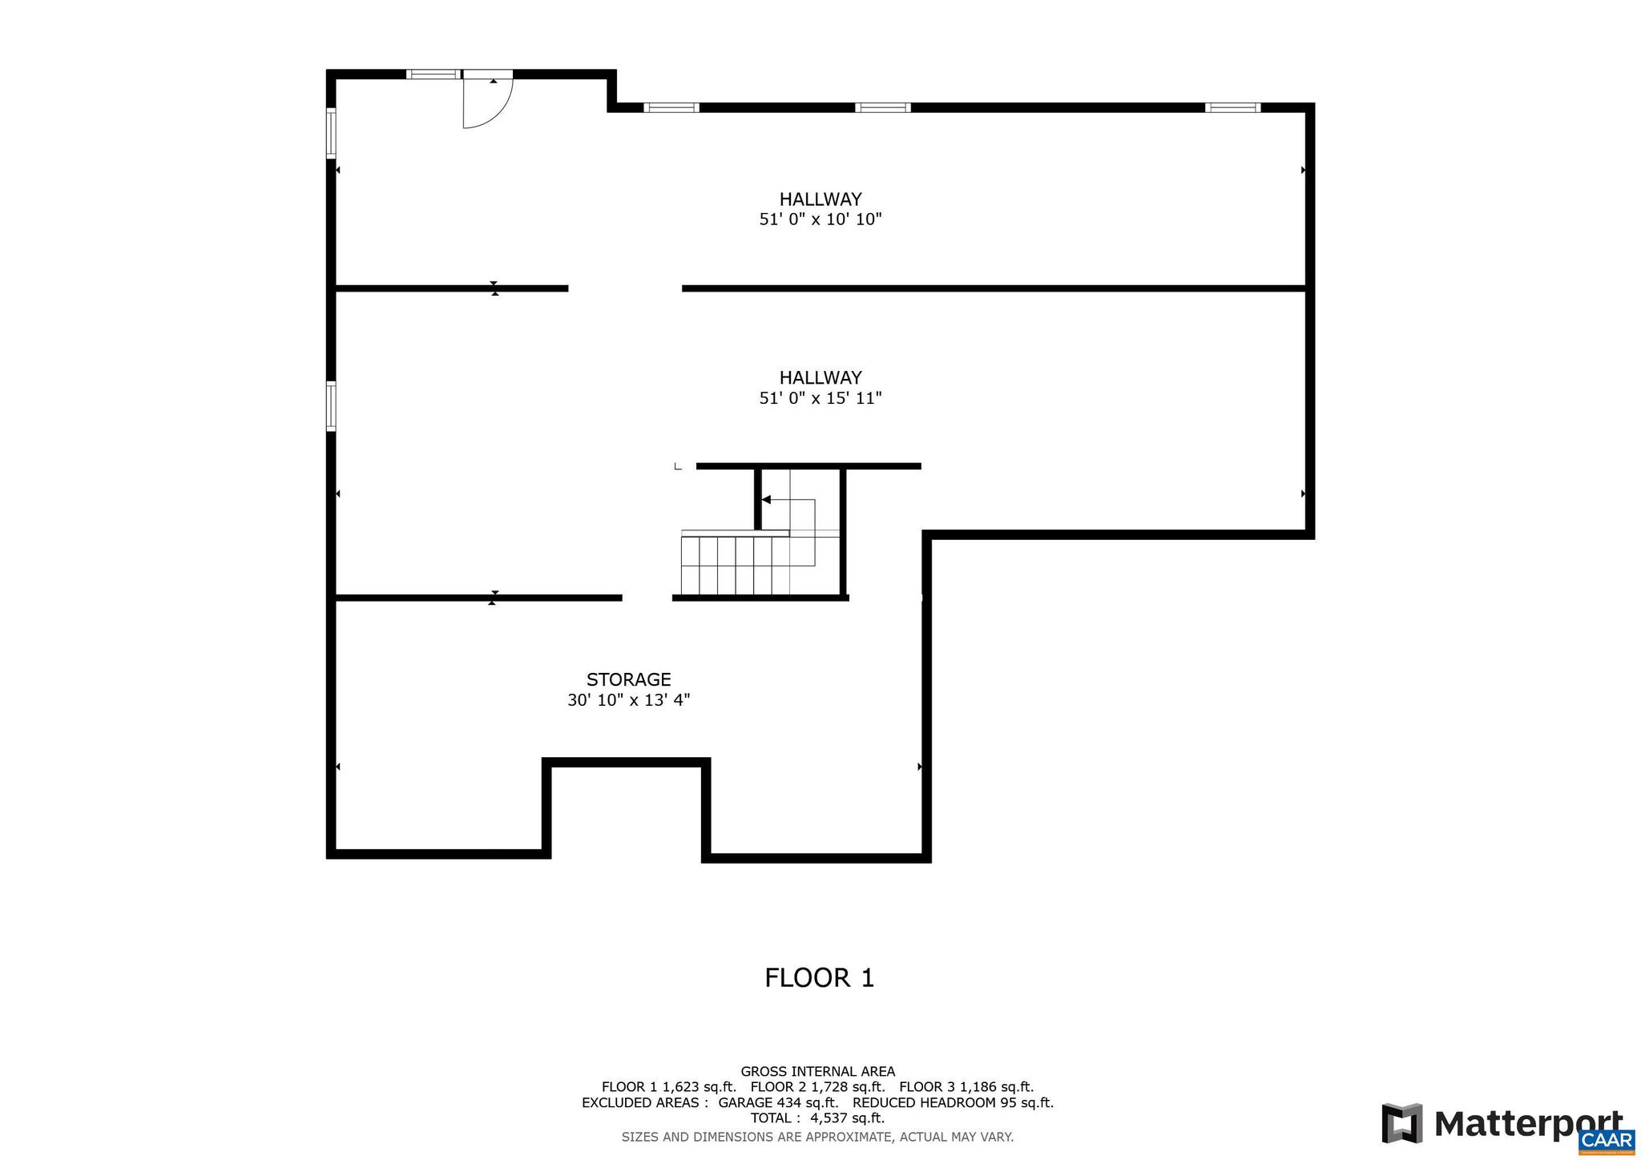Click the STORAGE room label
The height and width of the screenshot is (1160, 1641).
628,679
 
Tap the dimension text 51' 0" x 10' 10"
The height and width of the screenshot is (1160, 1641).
820,220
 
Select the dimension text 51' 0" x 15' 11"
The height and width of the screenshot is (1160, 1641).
820,398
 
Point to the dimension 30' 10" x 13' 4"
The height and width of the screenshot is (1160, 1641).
628,700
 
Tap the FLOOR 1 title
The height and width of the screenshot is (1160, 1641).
819,978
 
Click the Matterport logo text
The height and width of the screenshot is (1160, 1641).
1527,1124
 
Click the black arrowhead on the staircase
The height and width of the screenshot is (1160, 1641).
765,500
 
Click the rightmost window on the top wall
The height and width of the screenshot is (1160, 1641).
1232,107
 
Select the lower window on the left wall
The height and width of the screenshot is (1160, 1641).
331,407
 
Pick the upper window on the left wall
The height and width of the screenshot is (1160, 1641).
331,133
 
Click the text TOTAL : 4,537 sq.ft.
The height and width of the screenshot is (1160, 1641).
817,1118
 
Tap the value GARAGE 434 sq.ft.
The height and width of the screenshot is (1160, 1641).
778,1102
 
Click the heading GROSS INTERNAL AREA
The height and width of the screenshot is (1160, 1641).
817,1072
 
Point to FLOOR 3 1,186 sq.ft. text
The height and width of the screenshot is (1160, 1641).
966,1087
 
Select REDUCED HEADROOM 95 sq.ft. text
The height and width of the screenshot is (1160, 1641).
952,1102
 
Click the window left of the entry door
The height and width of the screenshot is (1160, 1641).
433,75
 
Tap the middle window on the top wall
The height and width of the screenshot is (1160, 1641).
882,107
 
